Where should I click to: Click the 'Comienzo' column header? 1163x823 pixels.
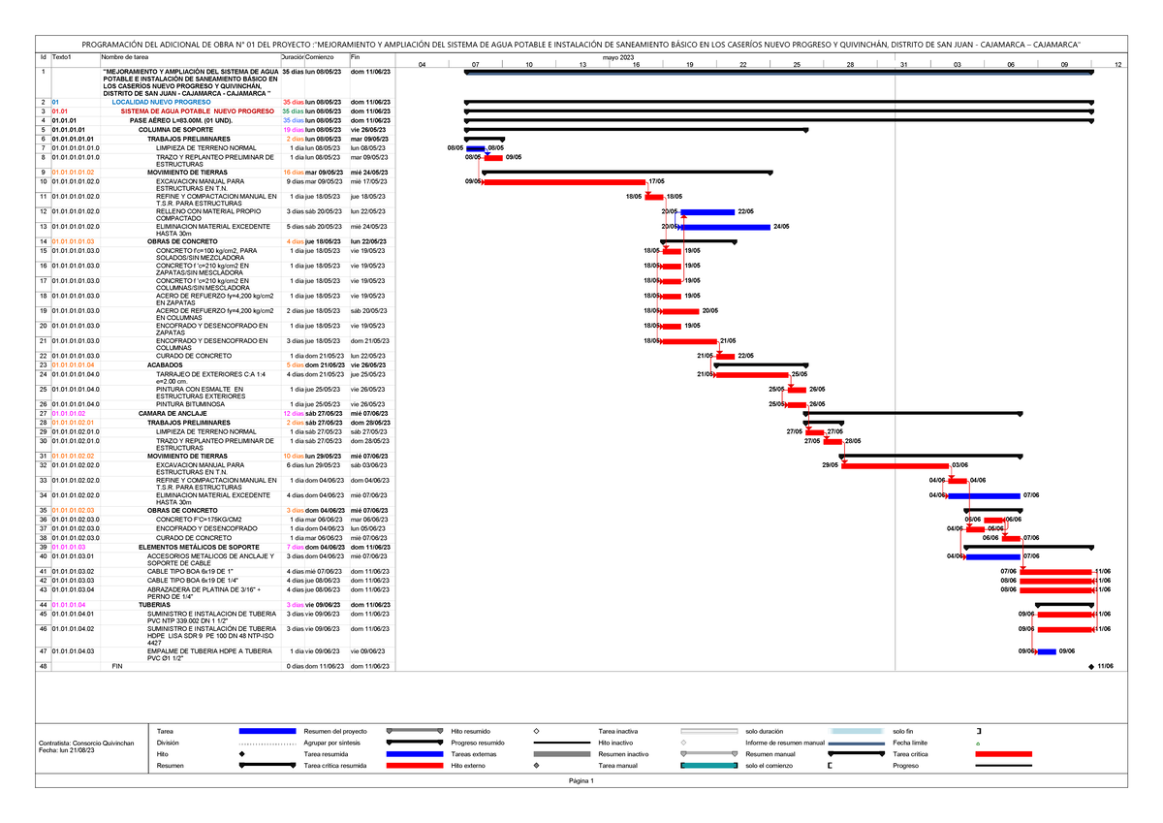320,58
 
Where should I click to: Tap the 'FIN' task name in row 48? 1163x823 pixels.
118,667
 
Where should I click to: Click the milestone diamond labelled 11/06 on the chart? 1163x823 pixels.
1090,667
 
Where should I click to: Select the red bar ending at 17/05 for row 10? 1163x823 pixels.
564,181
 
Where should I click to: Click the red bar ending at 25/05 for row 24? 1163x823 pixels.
750,374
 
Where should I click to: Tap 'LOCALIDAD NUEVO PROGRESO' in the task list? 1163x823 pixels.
162,102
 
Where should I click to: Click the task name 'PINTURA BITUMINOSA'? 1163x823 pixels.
190,404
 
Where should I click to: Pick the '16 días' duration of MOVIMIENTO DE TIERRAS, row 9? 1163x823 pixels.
293,172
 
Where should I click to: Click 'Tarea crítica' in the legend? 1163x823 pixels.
912,753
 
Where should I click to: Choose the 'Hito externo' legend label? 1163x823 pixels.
469,766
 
